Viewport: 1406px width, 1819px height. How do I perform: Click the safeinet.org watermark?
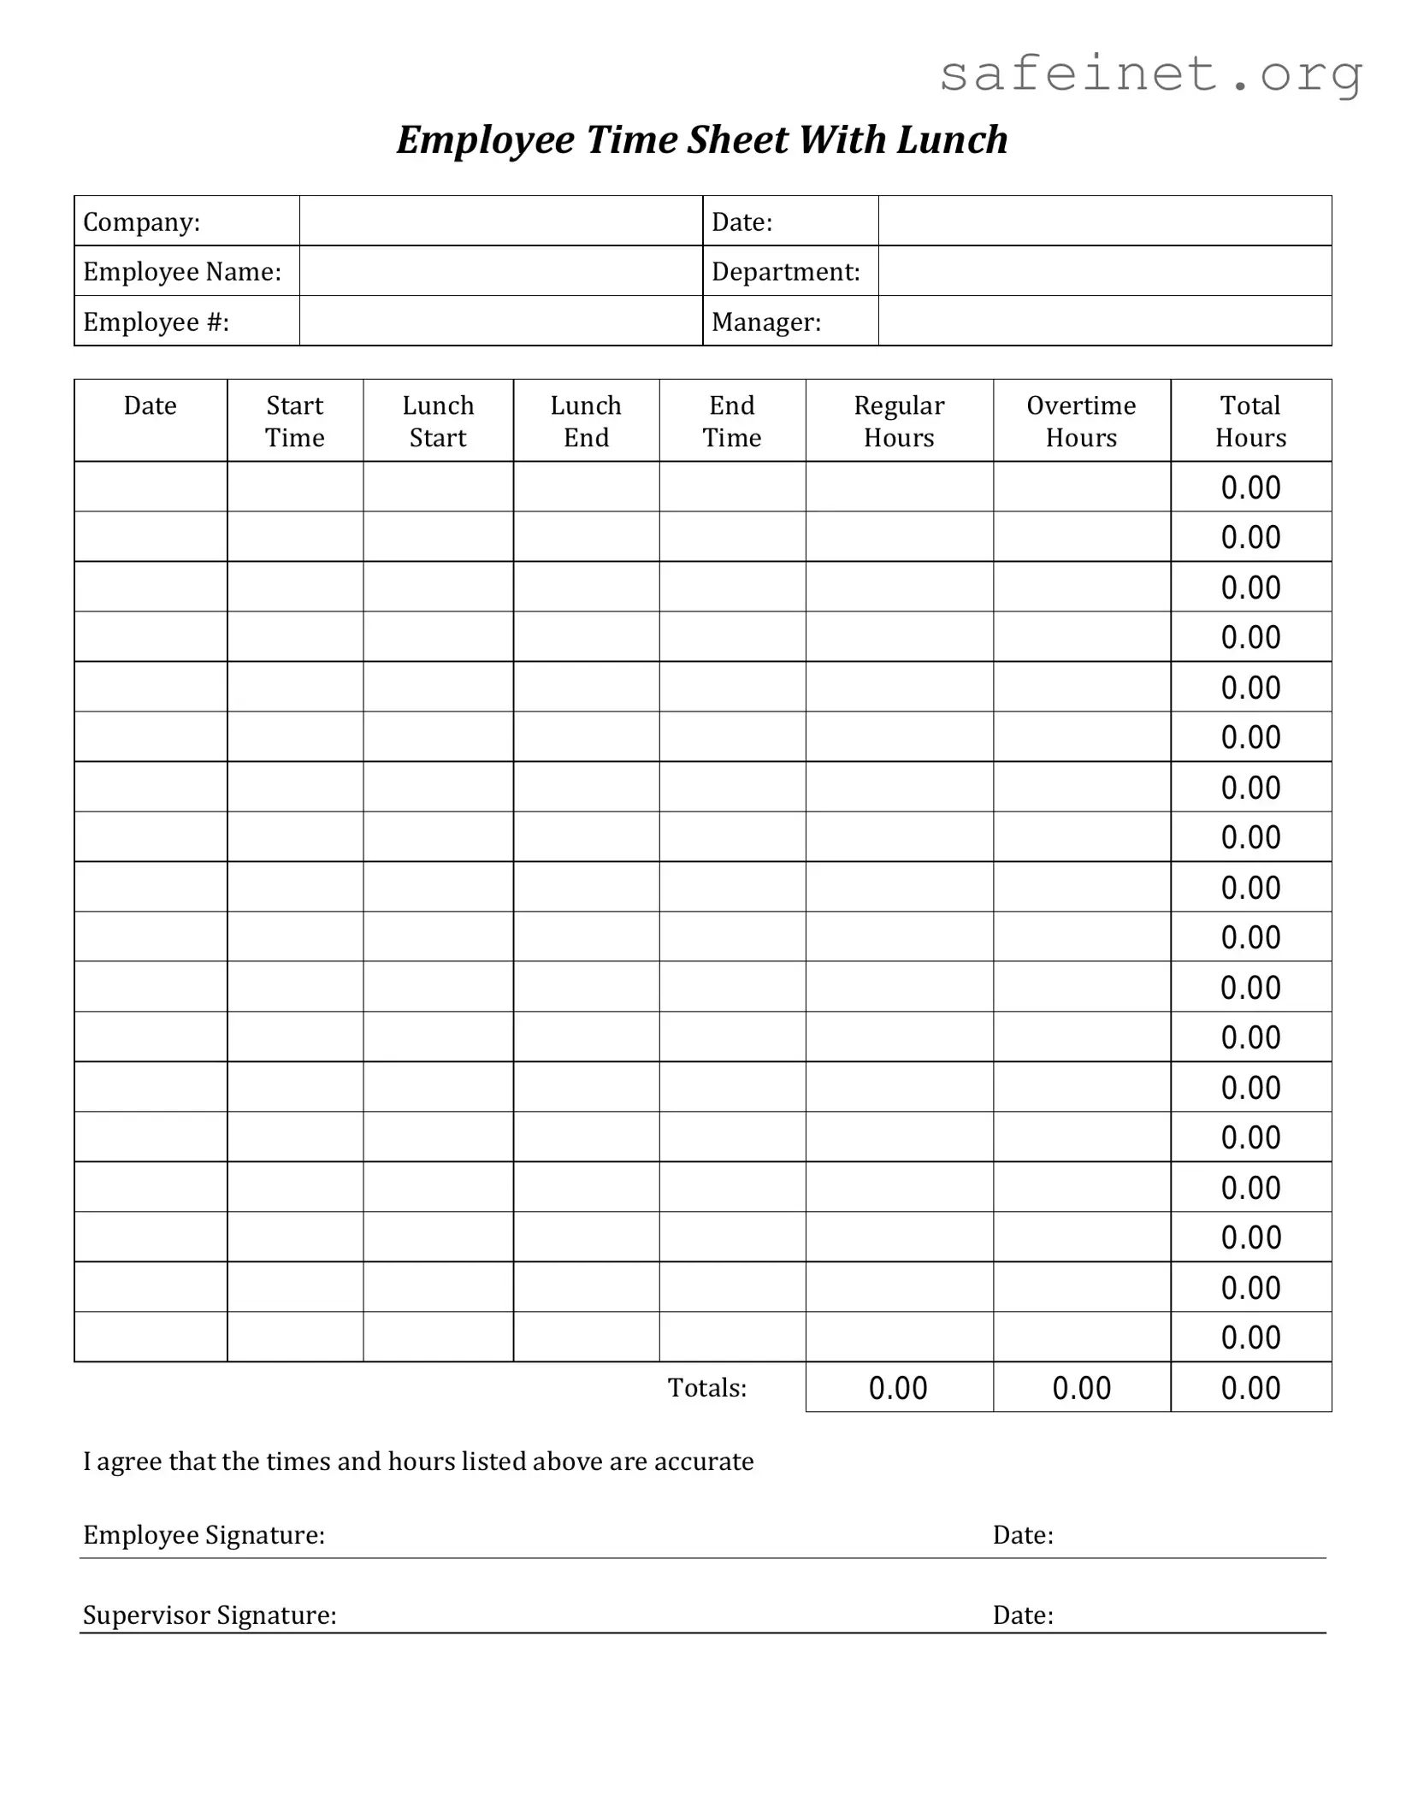(1150, 74)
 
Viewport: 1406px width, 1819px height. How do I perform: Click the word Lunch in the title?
(952, 140)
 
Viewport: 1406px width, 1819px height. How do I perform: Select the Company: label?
(142, 222)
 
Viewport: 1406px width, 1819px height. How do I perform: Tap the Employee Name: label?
(182, 272)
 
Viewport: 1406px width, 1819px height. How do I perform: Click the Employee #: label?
(157, 322)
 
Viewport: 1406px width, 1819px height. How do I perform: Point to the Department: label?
(786, 272)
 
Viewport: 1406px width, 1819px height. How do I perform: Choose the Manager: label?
(766, 322)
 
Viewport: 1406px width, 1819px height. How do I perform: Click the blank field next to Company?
(500, 221)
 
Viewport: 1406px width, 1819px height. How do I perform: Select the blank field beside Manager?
(1104, 322)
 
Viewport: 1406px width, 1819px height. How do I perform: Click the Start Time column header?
(295, 422)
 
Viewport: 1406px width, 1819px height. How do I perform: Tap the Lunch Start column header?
(438, 422)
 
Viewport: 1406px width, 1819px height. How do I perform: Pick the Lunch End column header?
(586, 422)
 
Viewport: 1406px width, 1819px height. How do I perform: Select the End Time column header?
(732, 422)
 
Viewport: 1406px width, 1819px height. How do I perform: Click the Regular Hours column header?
(899, 422)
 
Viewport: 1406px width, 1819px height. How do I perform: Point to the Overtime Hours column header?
(1081, 422)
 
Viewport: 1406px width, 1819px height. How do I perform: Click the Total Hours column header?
(1250, 422)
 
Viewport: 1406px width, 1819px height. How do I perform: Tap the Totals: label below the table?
(707, 1388)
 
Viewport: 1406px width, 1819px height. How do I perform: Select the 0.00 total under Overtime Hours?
(1081, 1389)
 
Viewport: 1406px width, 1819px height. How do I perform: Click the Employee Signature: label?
(204, 1535)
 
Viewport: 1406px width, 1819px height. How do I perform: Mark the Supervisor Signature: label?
(210, 1615)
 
